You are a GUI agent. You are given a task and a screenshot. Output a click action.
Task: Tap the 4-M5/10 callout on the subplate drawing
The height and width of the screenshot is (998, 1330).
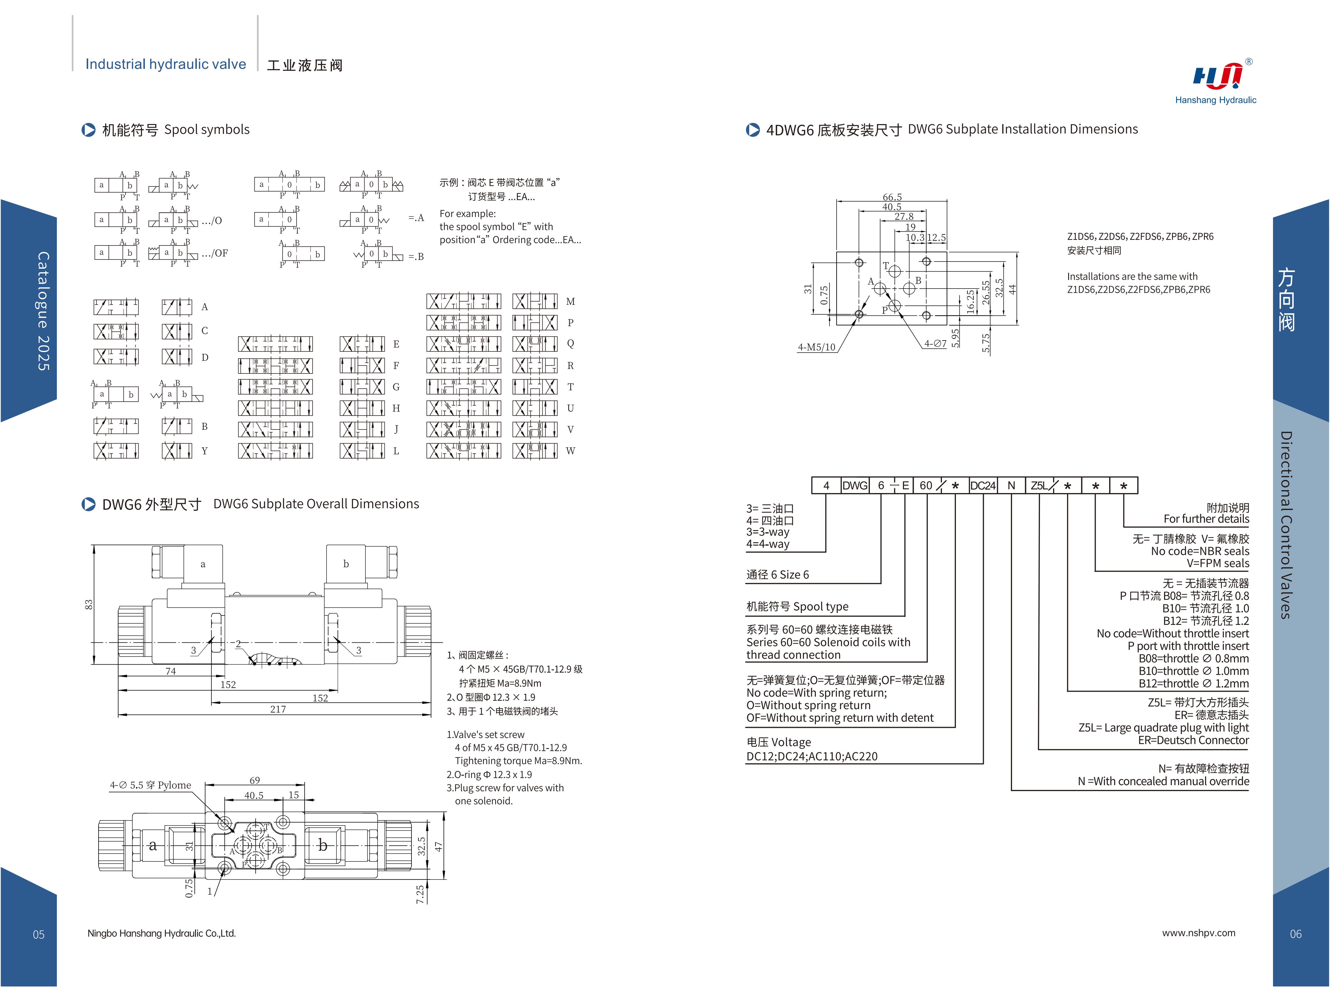[x=816, y=347]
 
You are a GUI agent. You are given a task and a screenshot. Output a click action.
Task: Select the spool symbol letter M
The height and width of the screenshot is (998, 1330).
[x=571, y=301]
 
